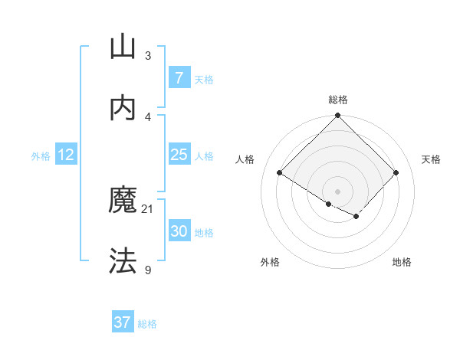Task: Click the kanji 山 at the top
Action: coord(123,47)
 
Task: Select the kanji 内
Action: coord(123,108)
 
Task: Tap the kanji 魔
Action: coord(123,201)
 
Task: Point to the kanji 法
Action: coord(123,261)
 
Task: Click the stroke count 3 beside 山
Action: coord(148,55)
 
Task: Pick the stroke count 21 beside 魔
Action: coord(148,208)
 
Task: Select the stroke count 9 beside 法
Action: coord(148,269)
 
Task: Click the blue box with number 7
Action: coord(179,77)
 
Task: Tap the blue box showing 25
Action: coord(179,155)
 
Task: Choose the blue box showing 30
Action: coord(179,231)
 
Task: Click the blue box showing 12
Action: coord(66,155)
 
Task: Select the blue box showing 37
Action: coord(123,322)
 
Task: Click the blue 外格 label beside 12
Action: coord(41,156)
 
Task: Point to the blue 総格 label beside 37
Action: coord(147,324)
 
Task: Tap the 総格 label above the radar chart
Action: coord(338,100)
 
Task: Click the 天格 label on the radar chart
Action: coord(431,159)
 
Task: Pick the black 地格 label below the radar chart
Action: coord(402,262)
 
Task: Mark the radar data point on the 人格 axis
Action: coord(280,173)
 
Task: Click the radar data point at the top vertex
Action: coord(338,116)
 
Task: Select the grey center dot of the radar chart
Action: coord(338,191)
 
